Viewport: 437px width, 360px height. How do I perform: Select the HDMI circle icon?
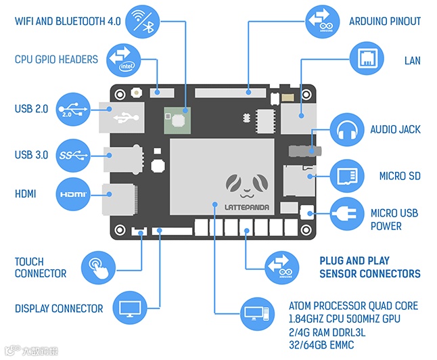point(74,194)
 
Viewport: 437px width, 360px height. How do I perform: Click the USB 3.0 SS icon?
point(74,156)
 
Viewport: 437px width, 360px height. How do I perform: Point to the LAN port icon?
point(365,60)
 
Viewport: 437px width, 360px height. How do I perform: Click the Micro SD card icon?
point(348,176)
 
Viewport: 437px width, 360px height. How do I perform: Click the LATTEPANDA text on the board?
point(243,206)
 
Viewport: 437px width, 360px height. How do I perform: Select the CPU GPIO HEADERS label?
point(56,60)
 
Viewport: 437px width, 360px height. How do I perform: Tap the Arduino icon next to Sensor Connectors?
point(279,267)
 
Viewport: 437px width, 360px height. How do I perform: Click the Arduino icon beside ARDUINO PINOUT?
point(322,21)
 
